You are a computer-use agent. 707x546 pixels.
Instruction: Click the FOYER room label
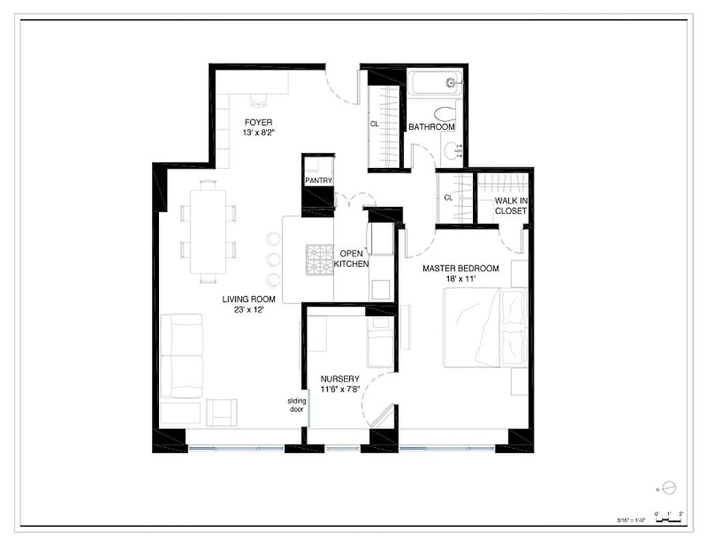pyautogui.click(x=258, y=123)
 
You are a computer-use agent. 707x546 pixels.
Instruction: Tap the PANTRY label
pyautogui.click(x=319, y=181)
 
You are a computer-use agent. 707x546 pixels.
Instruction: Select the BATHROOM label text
pyautogui.click(x=431, y=127)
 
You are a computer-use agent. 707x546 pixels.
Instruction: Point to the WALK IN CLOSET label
pyautogui.click(x=511, y=205)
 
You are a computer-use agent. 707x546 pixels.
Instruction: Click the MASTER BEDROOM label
pyautogui.click(x=461, y=268)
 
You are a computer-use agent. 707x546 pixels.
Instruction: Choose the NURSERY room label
pyautogui.click(x=340, y=379)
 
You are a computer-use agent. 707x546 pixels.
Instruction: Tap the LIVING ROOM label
pyautogui.click(x=248, y=299)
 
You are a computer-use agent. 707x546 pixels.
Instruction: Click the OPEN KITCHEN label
pyautogui.click(x=354, y=259)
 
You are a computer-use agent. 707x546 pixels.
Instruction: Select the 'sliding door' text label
pyautogui.click(x=296, y=405)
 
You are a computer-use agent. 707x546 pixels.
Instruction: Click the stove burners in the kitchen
pyautogui.click(x=319, y=259)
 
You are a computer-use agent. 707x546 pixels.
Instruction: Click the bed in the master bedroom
pyautogui.click(x=485, y=327)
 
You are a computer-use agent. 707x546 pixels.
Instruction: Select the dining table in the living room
pyautogui.click(x=208, y=231)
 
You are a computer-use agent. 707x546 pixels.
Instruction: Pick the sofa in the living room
pyautogui.click(x=182, y=355)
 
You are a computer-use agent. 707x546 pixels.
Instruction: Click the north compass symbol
pyautogui.click(x=669, y=487)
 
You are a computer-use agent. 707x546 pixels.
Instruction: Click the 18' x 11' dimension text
pyautogui.click(x=461, y=278)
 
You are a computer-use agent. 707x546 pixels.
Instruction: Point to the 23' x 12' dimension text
pyautogui.click(x=248, y=309)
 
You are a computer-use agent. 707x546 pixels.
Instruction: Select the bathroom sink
pyautogui.click(x=452, y=150)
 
